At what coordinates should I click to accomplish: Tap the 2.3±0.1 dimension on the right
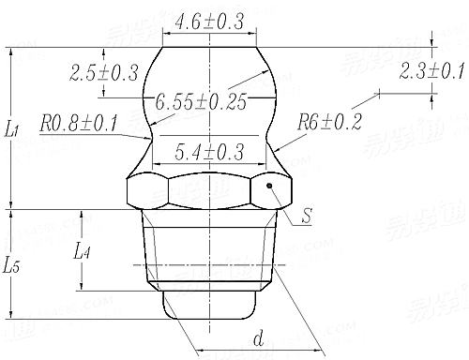[x=432, y=70]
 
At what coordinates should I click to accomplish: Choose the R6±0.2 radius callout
[x=328, y=121]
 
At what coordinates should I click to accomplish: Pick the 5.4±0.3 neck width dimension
[x=207, y=149]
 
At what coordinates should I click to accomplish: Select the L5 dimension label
[x=12, y=265]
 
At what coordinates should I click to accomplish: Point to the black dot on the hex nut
[x=270, y=187]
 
